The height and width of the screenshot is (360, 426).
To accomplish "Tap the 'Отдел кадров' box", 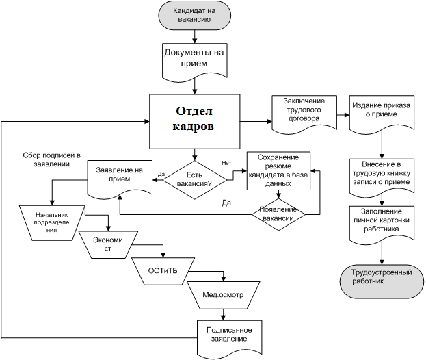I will click(x=196, y=120).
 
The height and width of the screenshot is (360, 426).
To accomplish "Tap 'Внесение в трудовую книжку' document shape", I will click(x=380, y=174).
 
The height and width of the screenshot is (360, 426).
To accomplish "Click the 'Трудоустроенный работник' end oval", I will click(x=380, y=277).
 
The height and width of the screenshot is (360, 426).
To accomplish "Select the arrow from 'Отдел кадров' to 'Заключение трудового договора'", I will click(x=254, y=121).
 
